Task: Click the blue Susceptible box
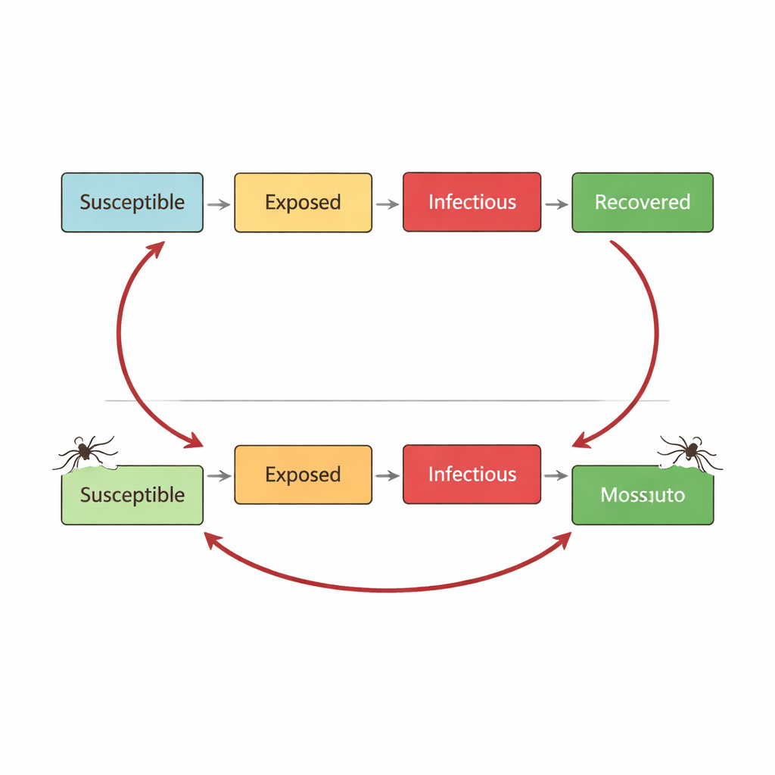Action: pyautogui.click(x=132, y=202)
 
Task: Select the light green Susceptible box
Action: pyautogui.click(x=132, y=495)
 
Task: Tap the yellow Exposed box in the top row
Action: pyautogui.click(x=303, y=202)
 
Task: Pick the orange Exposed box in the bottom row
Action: pyautogui.click(x=303, y=475)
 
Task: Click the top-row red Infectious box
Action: pyautogui.click(x=472, y=202)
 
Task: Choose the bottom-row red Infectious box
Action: pyautogui.click(x=472, y=475)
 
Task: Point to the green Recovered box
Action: pyautogui.click(x=642, y=202)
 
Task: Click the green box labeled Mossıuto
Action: pyautogui.click(x=642, y=495)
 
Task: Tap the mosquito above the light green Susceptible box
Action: pyautogui.click(x=85, y=452)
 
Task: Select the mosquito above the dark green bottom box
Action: pyautogui.click(x=689, y=452)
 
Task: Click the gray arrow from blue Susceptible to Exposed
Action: pyautogui.click(x=219, y=204)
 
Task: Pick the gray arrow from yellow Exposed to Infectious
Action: pyautogui.click(x=387, y=204)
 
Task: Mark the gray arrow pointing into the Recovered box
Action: pyautogui.click(x=556, y=204)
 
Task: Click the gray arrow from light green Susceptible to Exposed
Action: pyautogui.click(x=219, y=476)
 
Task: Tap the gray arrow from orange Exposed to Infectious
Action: pyautogui.click(x=387, y=476)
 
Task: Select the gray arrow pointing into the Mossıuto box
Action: pyautogui.click(x=556, y=476)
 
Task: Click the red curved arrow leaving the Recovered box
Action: pyautogui.click(x=655, y=333)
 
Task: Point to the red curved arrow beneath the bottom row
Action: pyautogui.click(x=387, y=590)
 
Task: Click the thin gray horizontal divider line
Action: pyautogui.click(x=387, y=400)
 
